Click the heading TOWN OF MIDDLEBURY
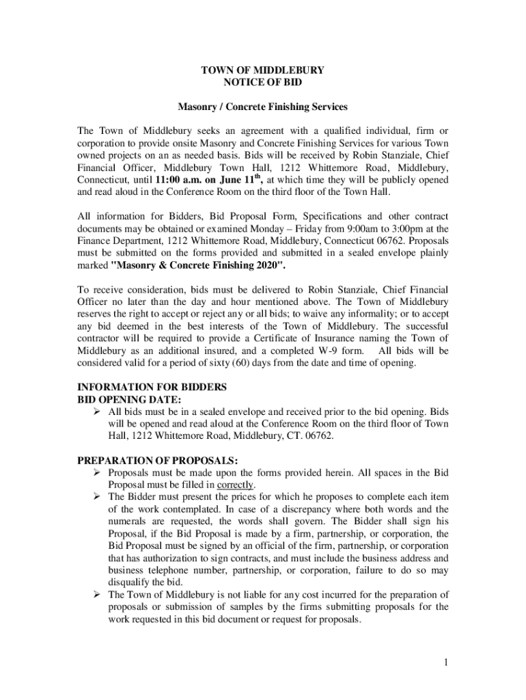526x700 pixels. (x=263, y=70)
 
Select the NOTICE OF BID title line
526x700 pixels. (x=263, y=82)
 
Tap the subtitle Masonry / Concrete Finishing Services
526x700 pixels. (x=263, y=107)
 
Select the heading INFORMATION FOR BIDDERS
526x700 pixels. (x=152, y=387)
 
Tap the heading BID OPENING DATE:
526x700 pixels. (x=129, y=399)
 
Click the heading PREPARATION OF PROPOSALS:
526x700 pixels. (x=158, y=460)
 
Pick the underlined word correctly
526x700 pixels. (x=236, y=485)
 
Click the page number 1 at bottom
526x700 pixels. (x=445, y=662)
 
